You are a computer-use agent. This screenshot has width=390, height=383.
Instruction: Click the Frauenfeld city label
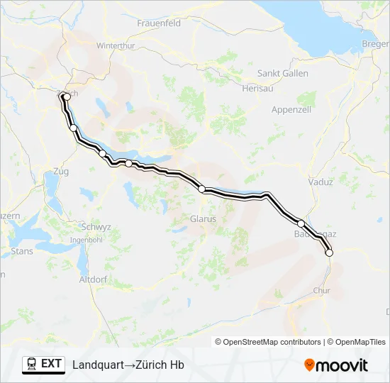tap(159, 23)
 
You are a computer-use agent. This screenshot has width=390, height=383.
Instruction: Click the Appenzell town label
tap(292, 109)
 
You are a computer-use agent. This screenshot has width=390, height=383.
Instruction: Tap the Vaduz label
tap(321, 182)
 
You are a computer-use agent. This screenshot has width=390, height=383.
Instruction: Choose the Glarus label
tap(203, 219)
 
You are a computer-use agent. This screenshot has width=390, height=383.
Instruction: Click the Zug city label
tap(60, 172)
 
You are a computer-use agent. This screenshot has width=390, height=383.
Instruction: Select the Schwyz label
tap(96, 227)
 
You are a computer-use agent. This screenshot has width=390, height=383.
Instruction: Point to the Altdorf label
tap(93, 279)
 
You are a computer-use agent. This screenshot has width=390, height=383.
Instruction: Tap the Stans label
tap(22, 251)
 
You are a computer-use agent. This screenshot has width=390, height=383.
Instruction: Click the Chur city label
tap(321, 290)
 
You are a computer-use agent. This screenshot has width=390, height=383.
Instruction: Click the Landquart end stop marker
tap(329, 252)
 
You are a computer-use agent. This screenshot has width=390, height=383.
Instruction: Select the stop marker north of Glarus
tap(202, 189)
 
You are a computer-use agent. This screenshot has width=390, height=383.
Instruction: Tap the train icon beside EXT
tap(32, 364)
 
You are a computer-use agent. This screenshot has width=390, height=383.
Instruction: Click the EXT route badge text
tap(52, 364)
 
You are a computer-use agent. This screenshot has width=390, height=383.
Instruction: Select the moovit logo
tap(336, 365)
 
